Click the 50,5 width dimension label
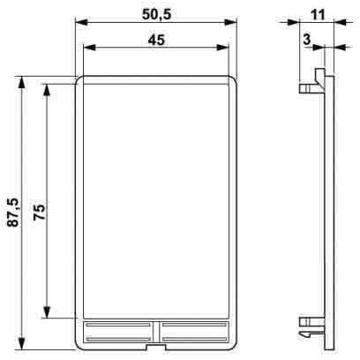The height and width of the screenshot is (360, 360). (x=156, y=14)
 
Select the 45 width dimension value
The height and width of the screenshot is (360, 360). (x=156, y=40)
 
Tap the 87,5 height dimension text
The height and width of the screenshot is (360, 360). (x=13, y=213)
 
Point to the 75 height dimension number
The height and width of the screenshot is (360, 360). (x=39, y=212)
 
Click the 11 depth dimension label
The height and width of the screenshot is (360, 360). (x=318, y=14)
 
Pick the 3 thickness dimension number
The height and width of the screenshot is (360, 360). (x=307, y=39)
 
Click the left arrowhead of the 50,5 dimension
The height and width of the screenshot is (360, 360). (x=82, y=22)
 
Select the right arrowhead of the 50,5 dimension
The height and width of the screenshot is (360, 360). (x=230, y=22)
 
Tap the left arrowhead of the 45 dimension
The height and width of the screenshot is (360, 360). (x=90, y=48)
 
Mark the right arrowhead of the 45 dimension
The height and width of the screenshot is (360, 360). (x=222, y=48)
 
